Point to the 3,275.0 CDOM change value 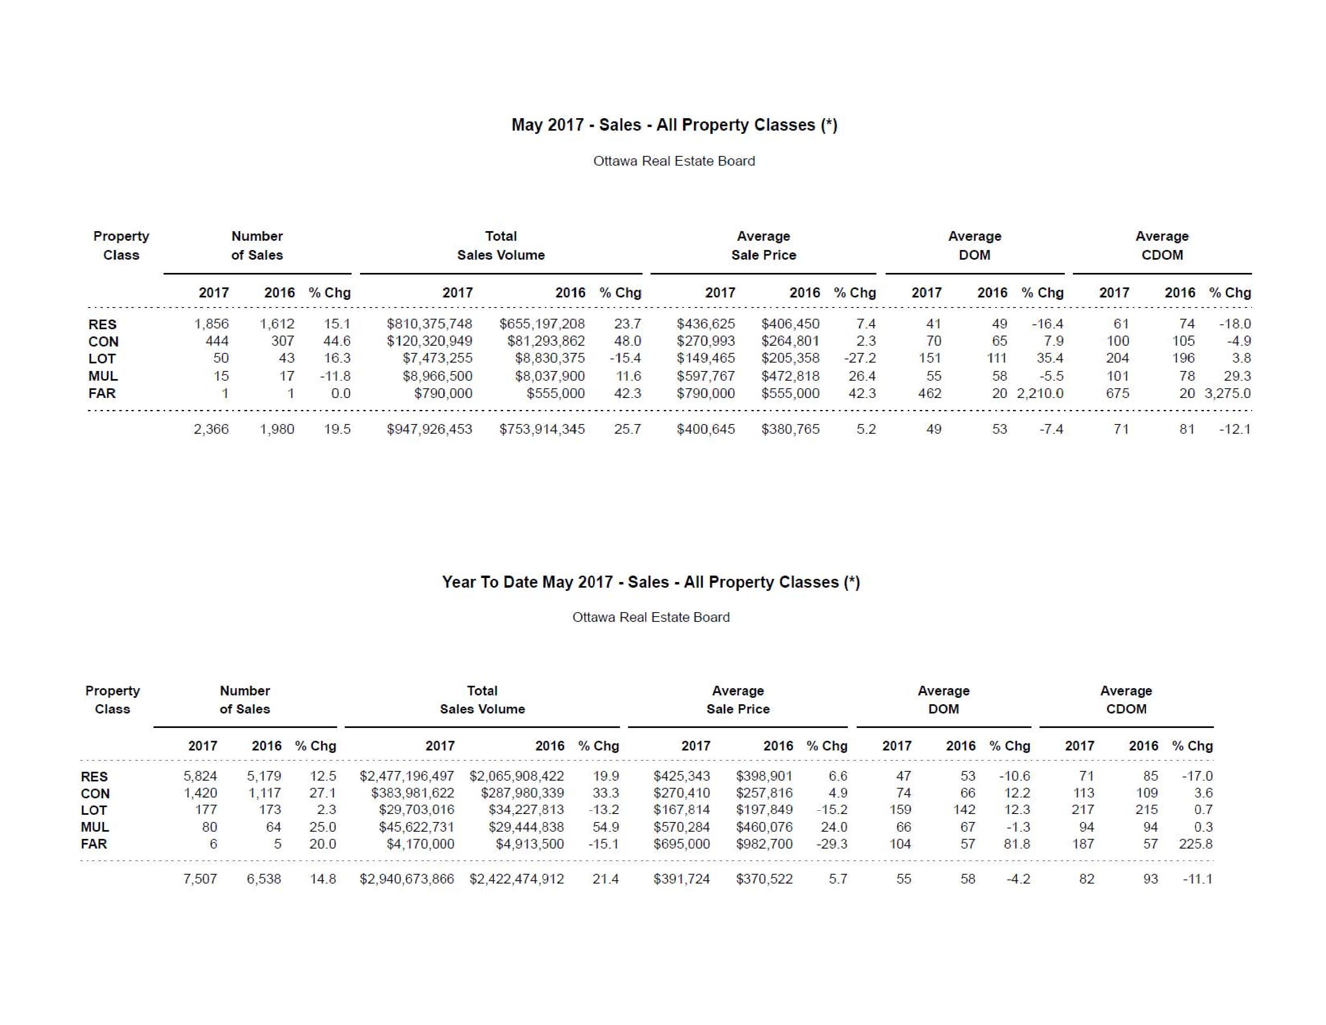1228,394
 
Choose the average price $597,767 706,376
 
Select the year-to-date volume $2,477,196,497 407,776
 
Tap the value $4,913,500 530,844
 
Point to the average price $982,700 764,844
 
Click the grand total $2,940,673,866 407,879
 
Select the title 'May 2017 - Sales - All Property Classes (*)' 674,125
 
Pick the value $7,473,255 437,358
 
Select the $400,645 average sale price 706,429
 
